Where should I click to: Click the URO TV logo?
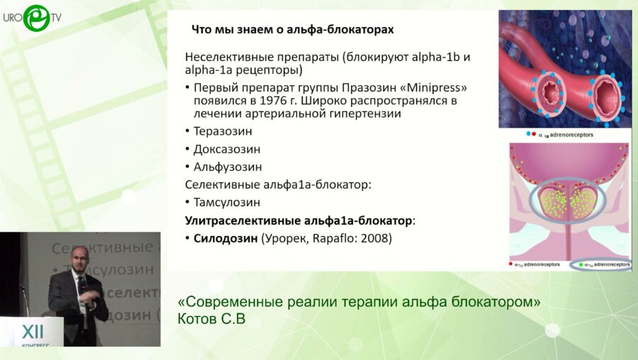coord(35,18)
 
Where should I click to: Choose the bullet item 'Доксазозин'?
coord(227,150)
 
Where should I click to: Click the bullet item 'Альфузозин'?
coord(228,167)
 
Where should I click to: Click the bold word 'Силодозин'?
coord(226,238)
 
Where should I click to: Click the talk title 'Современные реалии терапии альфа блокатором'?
coord(359,301)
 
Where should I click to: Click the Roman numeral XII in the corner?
coord(33,332)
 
